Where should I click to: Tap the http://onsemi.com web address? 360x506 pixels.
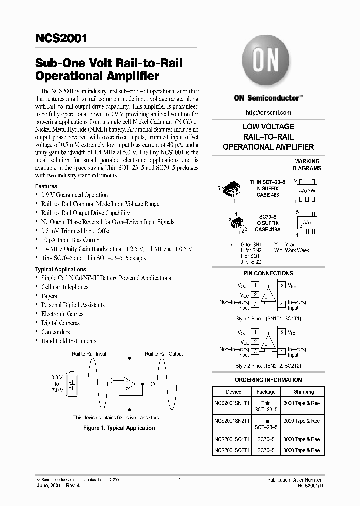click(268, 113)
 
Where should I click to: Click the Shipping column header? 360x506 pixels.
click(304, 392)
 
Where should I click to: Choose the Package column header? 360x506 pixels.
click(266, 392)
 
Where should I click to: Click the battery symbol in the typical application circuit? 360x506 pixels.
click(72, 384)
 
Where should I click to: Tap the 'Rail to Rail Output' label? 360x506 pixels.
click(164, 354)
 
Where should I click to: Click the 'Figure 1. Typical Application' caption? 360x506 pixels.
click(119, 428)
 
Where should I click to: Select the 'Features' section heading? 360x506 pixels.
click(46, 186)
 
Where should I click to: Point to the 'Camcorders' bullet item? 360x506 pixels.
click(55, 332)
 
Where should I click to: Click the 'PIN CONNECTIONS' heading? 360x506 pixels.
click(268, 273)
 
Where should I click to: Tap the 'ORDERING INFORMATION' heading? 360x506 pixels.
click(268, 380)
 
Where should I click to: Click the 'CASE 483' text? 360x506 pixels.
click(268, 194)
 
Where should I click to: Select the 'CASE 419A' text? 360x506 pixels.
click(268, 229)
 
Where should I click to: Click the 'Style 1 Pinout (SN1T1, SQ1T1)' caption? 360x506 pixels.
click(268, 318)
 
